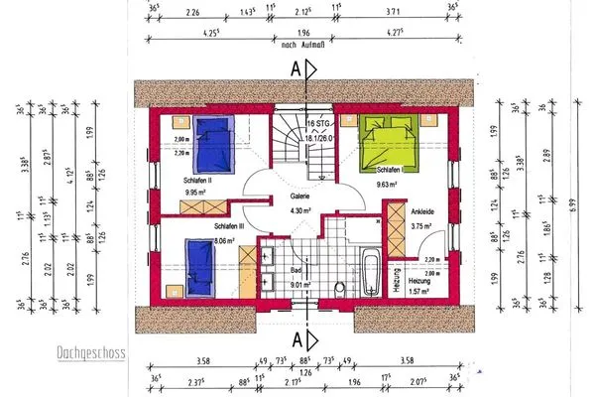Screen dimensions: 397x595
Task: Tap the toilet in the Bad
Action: click(339, 288)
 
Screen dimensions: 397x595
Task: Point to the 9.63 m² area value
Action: click(388, 183)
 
